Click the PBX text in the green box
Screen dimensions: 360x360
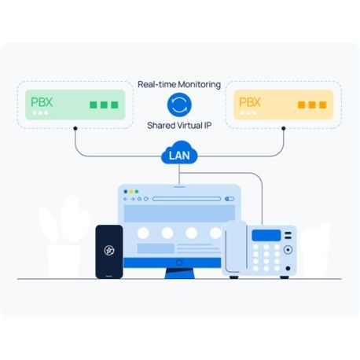pos(42,102)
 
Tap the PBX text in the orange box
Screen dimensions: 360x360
pos(250,102)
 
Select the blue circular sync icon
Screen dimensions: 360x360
pos(179,105)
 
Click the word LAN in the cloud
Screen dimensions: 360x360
pos(179,156)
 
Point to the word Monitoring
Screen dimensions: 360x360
pos(200,85)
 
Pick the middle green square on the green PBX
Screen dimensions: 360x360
pos(104,105)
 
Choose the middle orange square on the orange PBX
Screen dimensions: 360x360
pos(312,105)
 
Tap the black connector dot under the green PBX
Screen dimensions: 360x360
pos(75,128)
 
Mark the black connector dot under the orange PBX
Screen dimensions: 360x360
pos(284,128)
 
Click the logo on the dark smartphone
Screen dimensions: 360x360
pos(109,251)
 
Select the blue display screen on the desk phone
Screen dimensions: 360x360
pos(266,235)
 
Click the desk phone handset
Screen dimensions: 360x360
pos(236,248)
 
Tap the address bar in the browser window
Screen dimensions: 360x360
pos(187,199)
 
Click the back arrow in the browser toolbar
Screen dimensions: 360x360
pos(126,199)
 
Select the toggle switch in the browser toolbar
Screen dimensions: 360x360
pos(230,199)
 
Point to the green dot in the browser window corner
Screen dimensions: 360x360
pos(137,192)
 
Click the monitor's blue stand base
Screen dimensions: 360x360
pos(180,274)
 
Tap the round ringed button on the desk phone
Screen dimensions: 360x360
pos(288,250)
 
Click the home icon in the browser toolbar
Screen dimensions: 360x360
pos(139,199)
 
